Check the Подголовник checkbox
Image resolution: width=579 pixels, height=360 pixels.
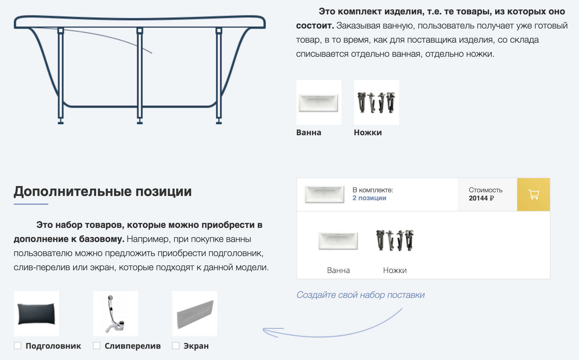point(18,346)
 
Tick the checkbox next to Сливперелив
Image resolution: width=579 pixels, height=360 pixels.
point(97,346)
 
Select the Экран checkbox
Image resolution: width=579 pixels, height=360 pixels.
point(176,346)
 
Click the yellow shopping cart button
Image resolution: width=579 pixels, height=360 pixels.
point(533,195)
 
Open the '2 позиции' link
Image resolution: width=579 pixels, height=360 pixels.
point(369,198)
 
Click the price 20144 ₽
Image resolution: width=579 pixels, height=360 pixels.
point(481,198)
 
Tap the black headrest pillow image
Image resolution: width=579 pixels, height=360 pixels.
point(36,314)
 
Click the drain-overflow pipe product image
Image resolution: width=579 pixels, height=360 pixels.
point(116,314)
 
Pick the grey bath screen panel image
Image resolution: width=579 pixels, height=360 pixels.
point(195,314)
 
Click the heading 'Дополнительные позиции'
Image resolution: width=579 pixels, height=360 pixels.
point(103,191)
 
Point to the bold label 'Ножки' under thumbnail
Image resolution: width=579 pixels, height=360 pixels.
point(368,132)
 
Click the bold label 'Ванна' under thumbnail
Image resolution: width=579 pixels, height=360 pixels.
point(309,132)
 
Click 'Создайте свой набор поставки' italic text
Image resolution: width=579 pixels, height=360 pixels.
point(360,295)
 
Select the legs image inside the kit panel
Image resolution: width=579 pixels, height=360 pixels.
point(395,240)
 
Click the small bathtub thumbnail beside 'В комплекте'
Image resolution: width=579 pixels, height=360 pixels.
point(325,194)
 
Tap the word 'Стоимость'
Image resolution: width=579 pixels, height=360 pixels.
point(486,190)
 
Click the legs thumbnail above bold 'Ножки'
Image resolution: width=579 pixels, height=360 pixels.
point(376,102)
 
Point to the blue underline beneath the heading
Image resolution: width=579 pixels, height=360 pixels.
point(31,204)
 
